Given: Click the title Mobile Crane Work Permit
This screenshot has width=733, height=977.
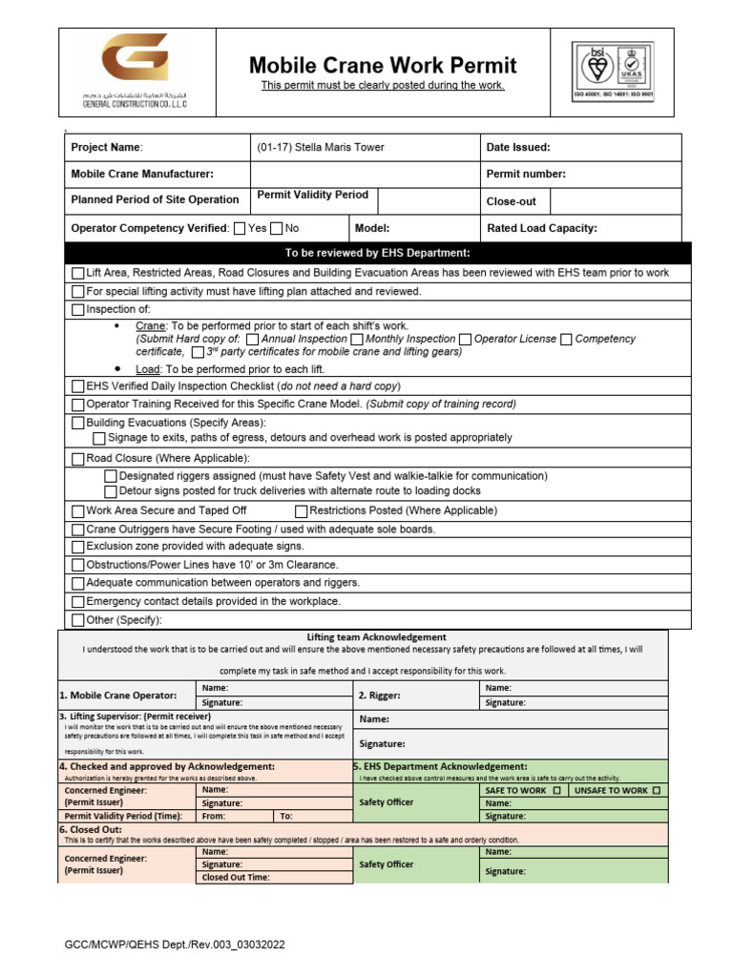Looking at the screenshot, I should coord(383,65).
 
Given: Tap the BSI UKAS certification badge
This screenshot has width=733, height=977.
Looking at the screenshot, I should coord(611,71).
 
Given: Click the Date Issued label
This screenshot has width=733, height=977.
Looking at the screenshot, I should coord(518,148).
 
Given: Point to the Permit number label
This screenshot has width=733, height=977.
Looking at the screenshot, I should coord(526,174).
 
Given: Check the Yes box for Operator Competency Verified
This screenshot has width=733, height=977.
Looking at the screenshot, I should coord(240,228).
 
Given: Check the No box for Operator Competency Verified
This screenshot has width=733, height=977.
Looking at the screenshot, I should coord(277,228).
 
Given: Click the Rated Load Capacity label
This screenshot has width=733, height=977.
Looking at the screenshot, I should coord(542,228).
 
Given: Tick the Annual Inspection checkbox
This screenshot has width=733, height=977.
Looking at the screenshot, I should coord(252,339).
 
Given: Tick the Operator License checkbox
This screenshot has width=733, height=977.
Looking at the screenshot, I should coord(466,339).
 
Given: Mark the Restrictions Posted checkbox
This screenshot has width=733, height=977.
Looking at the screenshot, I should coord(302,510).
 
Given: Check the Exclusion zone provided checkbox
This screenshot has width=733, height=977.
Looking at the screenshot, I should coord(78,547).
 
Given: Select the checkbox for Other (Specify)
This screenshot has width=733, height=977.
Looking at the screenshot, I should coord(78,619).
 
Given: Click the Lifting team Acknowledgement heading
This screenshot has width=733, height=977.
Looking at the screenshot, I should coord(376,636).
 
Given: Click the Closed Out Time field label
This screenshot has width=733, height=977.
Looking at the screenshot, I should coord(235,877).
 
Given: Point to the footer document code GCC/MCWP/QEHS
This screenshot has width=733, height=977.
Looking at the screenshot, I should coord(175,945).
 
